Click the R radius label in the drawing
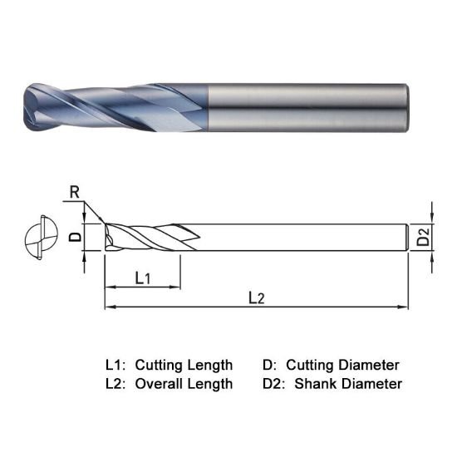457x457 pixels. coord(75,192)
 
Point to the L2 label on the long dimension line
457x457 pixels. coord(257,297)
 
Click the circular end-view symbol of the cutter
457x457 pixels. coord(37,238)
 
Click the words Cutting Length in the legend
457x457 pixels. coord(184,365)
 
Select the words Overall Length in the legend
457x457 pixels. coord(184,384)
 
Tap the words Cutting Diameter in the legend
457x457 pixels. coord(343,365)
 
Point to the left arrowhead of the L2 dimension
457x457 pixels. coord(109,307)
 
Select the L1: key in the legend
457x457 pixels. coord(115,365)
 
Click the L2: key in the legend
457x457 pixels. coord(115,384)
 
